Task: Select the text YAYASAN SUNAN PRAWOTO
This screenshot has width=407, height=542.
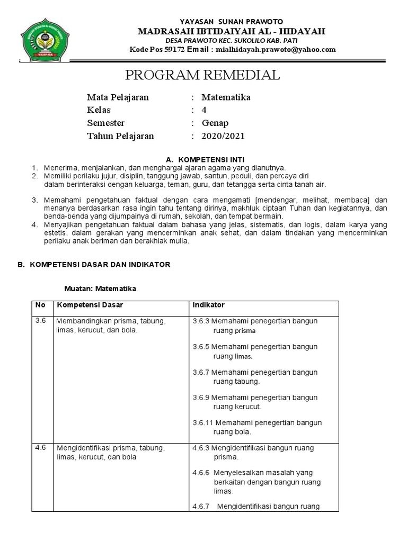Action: click(232, 21)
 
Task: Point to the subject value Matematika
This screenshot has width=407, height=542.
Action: click(226, 97)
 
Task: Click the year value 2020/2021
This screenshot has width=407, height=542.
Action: click(223, 136)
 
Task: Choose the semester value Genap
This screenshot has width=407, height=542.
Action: click(215, 123)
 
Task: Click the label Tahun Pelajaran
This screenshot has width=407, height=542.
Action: click(120, 136)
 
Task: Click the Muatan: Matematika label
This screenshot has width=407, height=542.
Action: click(100, 288)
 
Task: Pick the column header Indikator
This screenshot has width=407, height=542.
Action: click(208, 305)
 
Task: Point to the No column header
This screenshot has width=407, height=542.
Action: click(40, 305)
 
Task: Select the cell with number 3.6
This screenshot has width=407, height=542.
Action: click(41, 321)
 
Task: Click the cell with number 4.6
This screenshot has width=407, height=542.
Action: click(41, 447)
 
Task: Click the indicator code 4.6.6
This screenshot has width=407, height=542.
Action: click(201, 472)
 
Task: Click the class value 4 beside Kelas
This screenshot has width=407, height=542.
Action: click(204, 110)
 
